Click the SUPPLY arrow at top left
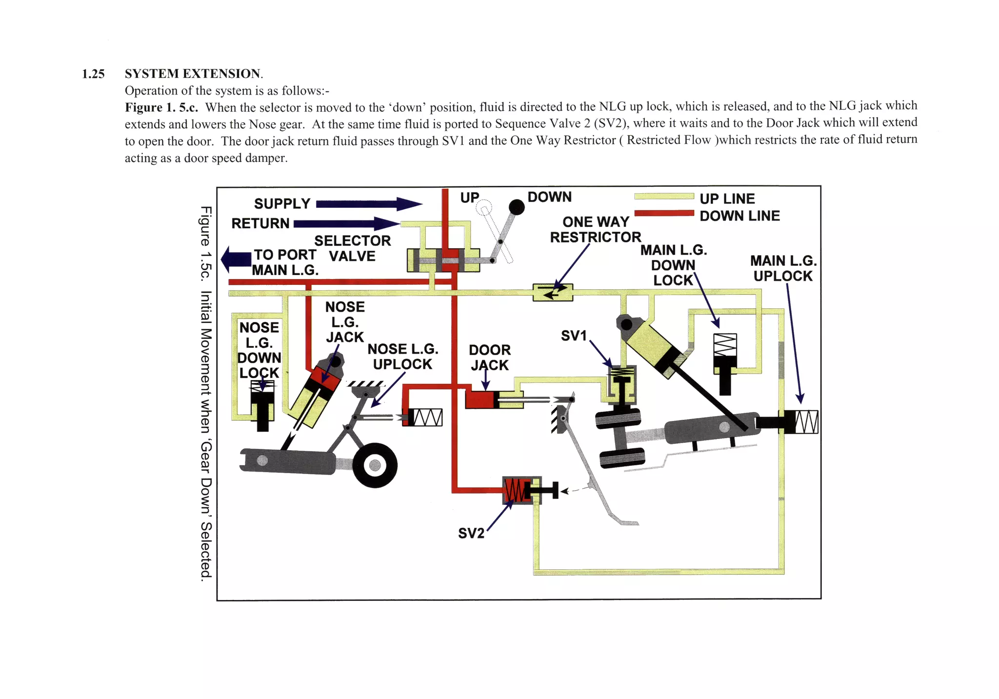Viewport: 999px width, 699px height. click(x=368, y=204)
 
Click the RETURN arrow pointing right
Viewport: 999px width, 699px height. click(x=346, y=224)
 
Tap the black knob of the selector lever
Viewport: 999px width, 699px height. click(x=517, y=207)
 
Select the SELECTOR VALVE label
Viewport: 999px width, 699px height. click(x=352, y=248)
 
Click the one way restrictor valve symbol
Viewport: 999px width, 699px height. click(x=552, y=292)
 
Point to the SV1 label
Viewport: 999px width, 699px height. click(x=574, y=336)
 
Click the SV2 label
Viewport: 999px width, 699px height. click(x=471, y=533)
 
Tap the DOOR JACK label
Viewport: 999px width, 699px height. click(x=490, y=358)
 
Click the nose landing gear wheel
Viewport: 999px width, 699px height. click(x=375, y=465)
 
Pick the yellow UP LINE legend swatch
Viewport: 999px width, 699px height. click(x=664, y=197)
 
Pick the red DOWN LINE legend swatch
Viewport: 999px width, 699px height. click(x=664, y=213)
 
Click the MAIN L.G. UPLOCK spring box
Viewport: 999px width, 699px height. click(x=806, y=421)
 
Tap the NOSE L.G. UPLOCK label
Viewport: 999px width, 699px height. click(x=402, y=357)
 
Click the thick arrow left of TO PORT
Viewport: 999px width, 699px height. click(x=237, y=259)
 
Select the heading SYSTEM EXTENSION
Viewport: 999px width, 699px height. click(x=193, y=74)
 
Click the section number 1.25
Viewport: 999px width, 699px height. click(x=93, y=74)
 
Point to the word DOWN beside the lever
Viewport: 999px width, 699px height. click(x=549, y=197)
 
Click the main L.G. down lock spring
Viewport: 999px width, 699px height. click(x=725, y=345)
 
